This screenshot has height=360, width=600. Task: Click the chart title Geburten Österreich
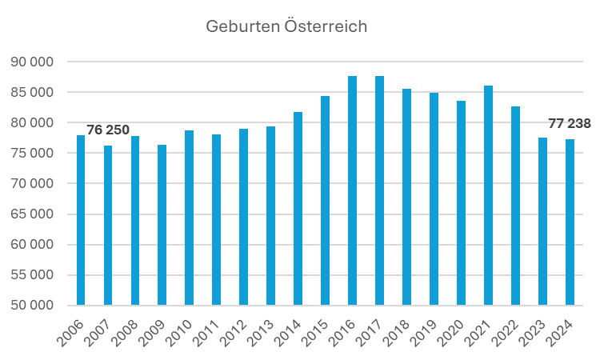(286, 26)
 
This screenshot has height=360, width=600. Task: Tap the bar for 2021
(489, 195)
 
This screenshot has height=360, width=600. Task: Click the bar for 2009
(162, 225)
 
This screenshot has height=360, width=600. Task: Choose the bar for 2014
(298, 208)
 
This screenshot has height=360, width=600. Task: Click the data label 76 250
(108, 130)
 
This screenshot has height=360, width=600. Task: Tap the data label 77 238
(570, 123)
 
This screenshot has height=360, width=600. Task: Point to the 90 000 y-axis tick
(33, 62)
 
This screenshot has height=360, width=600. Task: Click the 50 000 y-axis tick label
(33, 305)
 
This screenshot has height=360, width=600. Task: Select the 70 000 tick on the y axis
(33, 183)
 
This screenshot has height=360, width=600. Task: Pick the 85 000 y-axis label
(33, 92)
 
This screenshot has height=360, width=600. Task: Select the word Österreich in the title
(325, 26)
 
